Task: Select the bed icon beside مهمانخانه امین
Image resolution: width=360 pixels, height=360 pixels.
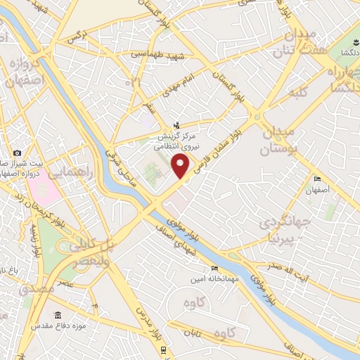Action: [214, 268]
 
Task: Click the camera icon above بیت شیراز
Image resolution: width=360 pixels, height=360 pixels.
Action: [18, 153]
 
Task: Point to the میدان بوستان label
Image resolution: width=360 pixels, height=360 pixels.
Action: [281, 141]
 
